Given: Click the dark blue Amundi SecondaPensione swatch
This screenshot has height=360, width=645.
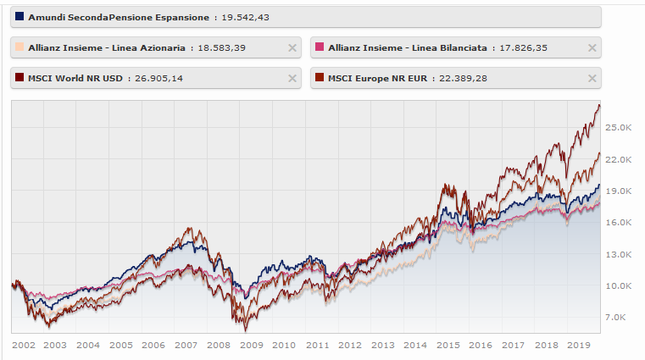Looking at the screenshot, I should tap(19, 17).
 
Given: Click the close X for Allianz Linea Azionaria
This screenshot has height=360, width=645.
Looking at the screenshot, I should tap(292, 48).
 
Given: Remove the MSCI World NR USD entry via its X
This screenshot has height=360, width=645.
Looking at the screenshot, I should tap(292, 79).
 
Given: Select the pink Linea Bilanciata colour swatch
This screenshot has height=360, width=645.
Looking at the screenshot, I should tap(319, 48).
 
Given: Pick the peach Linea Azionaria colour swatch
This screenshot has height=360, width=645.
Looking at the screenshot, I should tap(19, 48).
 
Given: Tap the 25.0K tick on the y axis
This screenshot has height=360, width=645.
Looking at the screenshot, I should tap(620, 127).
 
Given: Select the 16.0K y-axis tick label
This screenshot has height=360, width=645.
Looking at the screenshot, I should tap(620, 222).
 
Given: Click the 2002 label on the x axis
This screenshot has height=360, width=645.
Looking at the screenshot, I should tap(23, 346).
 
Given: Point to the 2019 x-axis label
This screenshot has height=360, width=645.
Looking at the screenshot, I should tap(580, 346).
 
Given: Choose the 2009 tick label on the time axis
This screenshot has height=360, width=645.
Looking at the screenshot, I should tap(252, 346).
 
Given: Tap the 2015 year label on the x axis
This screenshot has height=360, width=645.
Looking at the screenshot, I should tap(448, 346).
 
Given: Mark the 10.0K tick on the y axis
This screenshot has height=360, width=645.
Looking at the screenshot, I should tap(620, 285).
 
